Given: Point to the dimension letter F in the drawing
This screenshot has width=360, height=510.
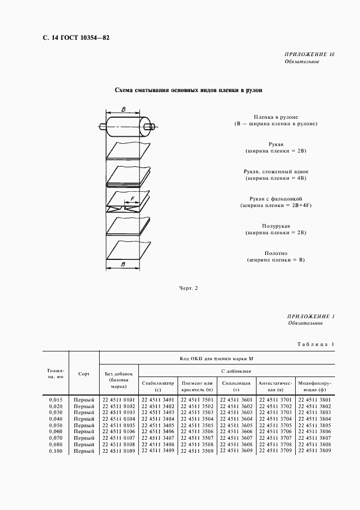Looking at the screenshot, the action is [132, 199].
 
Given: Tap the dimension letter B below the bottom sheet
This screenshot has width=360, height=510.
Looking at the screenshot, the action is [123, 264].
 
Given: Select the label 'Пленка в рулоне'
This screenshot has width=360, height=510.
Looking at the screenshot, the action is [274, 117].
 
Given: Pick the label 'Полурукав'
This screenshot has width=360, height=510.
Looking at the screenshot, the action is [275, 226].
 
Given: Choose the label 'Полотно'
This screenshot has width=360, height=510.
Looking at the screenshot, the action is [275, 253].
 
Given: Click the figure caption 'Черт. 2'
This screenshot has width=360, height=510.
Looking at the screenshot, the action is [188, 288].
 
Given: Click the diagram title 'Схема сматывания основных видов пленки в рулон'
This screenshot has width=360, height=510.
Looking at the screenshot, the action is [188, 90].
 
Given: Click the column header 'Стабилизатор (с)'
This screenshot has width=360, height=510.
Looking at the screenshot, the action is [158, 386].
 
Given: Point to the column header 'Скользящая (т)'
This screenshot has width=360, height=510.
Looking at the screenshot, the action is [236, 386].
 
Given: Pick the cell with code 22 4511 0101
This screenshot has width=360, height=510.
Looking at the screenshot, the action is [119, 400].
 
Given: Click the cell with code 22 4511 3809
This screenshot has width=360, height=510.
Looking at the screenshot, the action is [315, 451].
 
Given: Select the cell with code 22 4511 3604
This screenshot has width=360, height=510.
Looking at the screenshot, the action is [236, 419].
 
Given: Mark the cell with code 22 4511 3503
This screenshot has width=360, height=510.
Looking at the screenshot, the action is [197, 412].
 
